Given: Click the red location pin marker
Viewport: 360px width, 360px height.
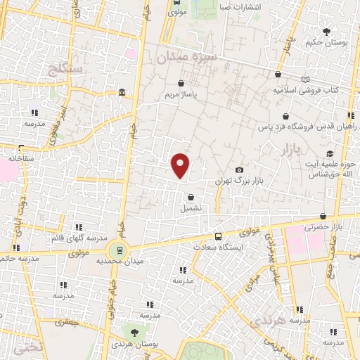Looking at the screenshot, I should (181, 165).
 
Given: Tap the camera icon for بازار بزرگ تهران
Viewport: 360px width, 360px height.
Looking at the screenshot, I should (240, 170).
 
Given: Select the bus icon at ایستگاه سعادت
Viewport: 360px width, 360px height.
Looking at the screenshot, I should (218, 237).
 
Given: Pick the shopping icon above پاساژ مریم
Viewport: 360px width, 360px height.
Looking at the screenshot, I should (182, 82).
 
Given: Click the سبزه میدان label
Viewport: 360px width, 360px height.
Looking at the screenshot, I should (186, 58).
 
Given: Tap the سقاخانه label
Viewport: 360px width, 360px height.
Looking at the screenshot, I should (22, 159).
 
